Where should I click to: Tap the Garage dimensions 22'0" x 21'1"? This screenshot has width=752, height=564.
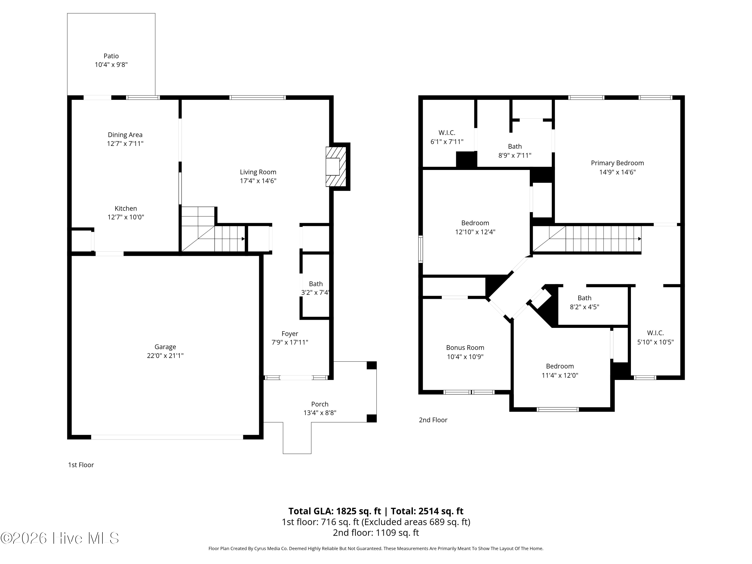(165, 356)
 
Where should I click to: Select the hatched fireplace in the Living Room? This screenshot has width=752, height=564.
(336, 167)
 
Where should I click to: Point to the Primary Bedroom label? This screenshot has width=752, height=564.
(617, 163)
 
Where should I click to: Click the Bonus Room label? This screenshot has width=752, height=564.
(465, 347)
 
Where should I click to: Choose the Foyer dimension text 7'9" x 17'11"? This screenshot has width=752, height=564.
(290, 342)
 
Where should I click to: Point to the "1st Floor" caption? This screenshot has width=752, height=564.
(81, 465)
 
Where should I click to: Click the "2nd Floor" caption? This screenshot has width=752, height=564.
(433, 420)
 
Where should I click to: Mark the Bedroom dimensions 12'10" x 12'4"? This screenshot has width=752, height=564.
(475, 232)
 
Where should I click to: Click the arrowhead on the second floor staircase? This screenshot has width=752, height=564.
(639, 239)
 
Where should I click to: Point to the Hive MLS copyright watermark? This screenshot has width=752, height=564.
(60, 538)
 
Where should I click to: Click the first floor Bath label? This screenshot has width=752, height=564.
(316, 284)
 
